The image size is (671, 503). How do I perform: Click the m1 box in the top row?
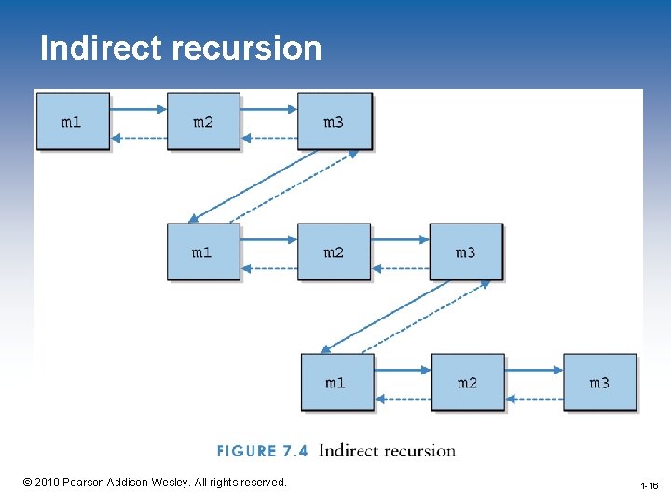72,121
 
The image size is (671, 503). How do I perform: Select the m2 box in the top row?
203,121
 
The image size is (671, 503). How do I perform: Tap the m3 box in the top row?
334,121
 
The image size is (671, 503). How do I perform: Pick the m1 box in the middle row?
202,251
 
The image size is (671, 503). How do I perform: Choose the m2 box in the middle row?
334,251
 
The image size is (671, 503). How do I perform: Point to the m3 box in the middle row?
465,251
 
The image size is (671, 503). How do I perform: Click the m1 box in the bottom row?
336,382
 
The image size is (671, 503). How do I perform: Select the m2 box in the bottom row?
467,382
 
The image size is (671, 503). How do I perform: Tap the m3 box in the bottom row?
599,382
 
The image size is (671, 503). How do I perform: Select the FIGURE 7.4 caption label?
262,452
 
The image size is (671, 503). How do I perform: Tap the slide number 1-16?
650,486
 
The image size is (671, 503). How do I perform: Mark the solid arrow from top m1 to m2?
138,108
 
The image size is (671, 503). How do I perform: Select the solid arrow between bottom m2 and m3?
534,369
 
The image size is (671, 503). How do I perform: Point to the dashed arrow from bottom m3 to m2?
534,399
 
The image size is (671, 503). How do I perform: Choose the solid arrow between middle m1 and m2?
269,238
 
